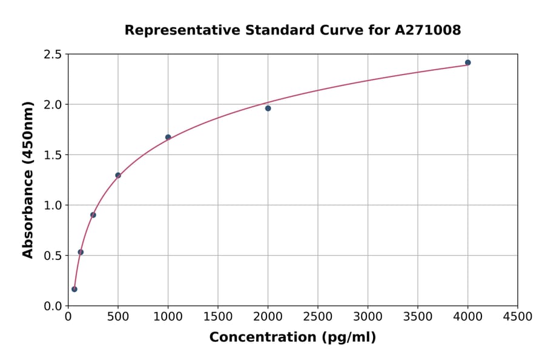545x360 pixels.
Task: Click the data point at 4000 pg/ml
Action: coord(467,62)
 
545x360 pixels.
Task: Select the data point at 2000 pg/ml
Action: coord(268,108)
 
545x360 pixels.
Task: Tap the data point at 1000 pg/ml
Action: coord(168,137)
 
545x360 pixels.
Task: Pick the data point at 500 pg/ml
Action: coord(118,175)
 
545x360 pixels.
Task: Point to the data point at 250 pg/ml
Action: coord(93,215)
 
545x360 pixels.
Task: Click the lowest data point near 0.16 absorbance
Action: coord(74,289)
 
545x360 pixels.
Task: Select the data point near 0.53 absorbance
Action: coord(81,252)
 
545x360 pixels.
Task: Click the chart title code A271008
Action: coord(428,30)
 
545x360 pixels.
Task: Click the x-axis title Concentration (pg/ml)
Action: coord(292,338)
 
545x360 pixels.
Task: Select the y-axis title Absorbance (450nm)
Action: coord(28,179)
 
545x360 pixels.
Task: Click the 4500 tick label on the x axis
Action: coord(517,317)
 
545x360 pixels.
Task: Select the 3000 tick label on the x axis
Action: coord(368,317)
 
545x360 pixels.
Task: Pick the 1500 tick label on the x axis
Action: coord(218,317)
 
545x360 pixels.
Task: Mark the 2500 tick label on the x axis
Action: coord(317,317)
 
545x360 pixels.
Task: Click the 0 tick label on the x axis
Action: coord(68,317)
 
